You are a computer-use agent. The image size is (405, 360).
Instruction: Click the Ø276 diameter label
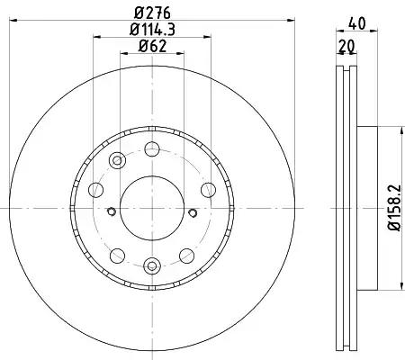coord(152,13)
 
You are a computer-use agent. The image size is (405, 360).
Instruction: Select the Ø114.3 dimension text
coord(152,30)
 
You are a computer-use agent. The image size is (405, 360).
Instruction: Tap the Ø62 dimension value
coord(152,46)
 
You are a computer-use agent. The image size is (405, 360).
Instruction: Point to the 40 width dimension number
coord(357,23)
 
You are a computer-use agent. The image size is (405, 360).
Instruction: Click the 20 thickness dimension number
coord(346,46)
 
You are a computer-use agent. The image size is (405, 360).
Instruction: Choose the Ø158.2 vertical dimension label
coord(394,207)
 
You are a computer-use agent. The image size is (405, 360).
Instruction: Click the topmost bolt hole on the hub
coord(152,149)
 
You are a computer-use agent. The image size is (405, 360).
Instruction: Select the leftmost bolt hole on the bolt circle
coord(96,190)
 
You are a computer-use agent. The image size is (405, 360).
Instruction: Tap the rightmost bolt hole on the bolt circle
coord(208,190)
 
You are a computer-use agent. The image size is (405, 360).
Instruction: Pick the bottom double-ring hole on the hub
coord(152,265)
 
